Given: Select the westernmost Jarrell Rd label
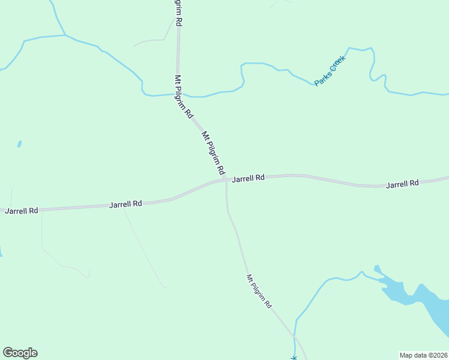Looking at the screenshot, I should (22, 211).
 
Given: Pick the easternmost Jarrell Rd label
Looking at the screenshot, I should (402, 184).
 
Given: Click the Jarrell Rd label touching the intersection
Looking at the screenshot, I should (248, 178).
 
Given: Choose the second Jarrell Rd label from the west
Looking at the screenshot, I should (125, 204).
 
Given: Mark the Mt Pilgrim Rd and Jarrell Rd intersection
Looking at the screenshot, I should (226, 179).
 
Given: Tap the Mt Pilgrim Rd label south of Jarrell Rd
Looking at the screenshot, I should (259, 291).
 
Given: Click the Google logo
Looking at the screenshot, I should (20, 353).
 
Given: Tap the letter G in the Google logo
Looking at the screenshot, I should (8, 353).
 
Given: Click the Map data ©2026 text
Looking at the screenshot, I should (423, 355).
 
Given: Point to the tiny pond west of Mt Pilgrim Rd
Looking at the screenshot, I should (19, 144).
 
